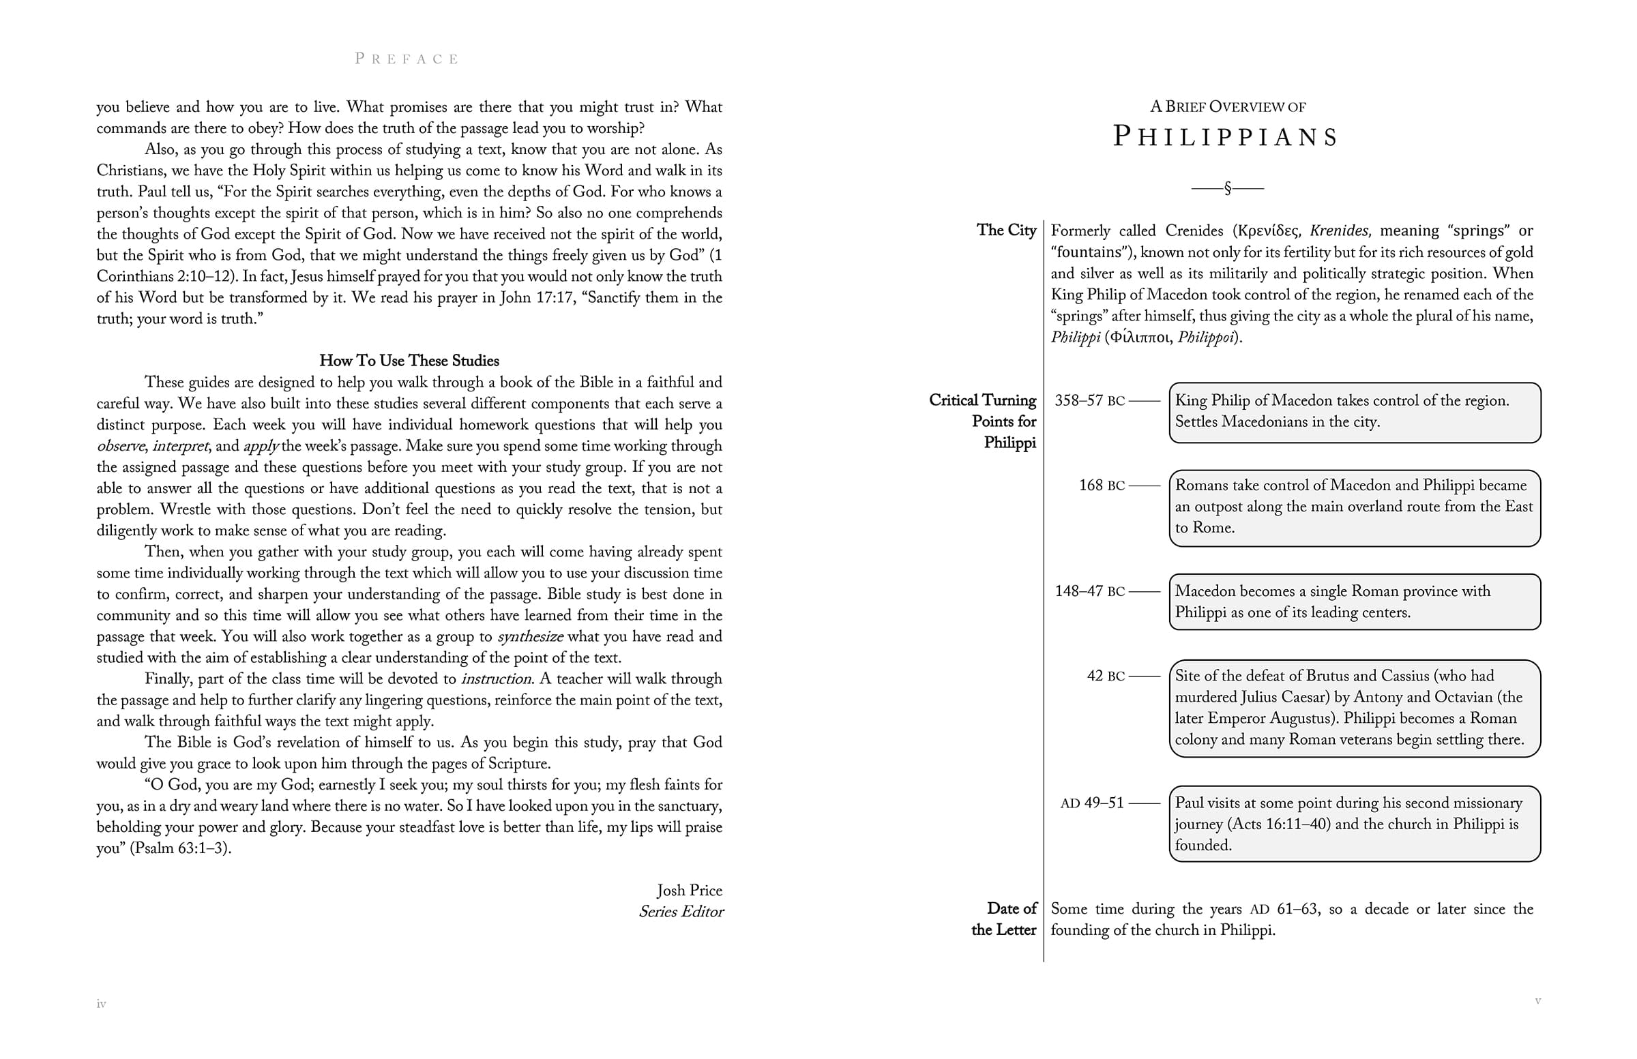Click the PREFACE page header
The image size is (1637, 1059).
click(x=407, y=59)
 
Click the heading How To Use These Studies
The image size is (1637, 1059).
click(x=409, y=361)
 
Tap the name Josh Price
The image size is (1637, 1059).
click(x=689, y=891)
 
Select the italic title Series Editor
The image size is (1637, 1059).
click(x=681, y=912)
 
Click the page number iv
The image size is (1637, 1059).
click(x=101, y=1004)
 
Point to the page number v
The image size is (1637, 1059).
click(x=1538, y=1000)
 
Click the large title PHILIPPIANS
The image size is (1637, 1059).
click(x=1226, y=137)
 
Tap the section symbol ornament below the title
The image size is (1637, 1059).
click(x=1228, y=188)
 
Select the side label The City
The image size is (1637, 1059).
click(x=1006, y=230)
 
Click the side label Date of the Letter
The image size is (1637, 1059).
click(x=1005, y=919)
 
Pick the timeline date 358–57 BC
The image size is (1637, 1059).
click(x=1089, y=401)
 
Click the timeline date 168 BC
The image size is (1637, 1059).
click(x=1102, y=486)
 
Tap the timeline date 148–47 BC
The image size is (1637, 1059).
click(x=1089, y=591)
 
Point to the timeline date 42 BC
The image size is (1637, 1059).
click(x=1106, y=676)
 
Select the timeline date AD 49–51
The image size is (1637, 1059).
click(x=1092, y=803)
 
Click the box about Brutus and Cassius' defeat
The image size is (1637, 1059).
click(x=1355, y=709)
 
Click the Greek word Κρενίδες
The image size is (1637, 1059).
click(x=1269, y=231)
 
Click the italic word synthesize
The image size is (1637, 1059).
click(x=530, y=637)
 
